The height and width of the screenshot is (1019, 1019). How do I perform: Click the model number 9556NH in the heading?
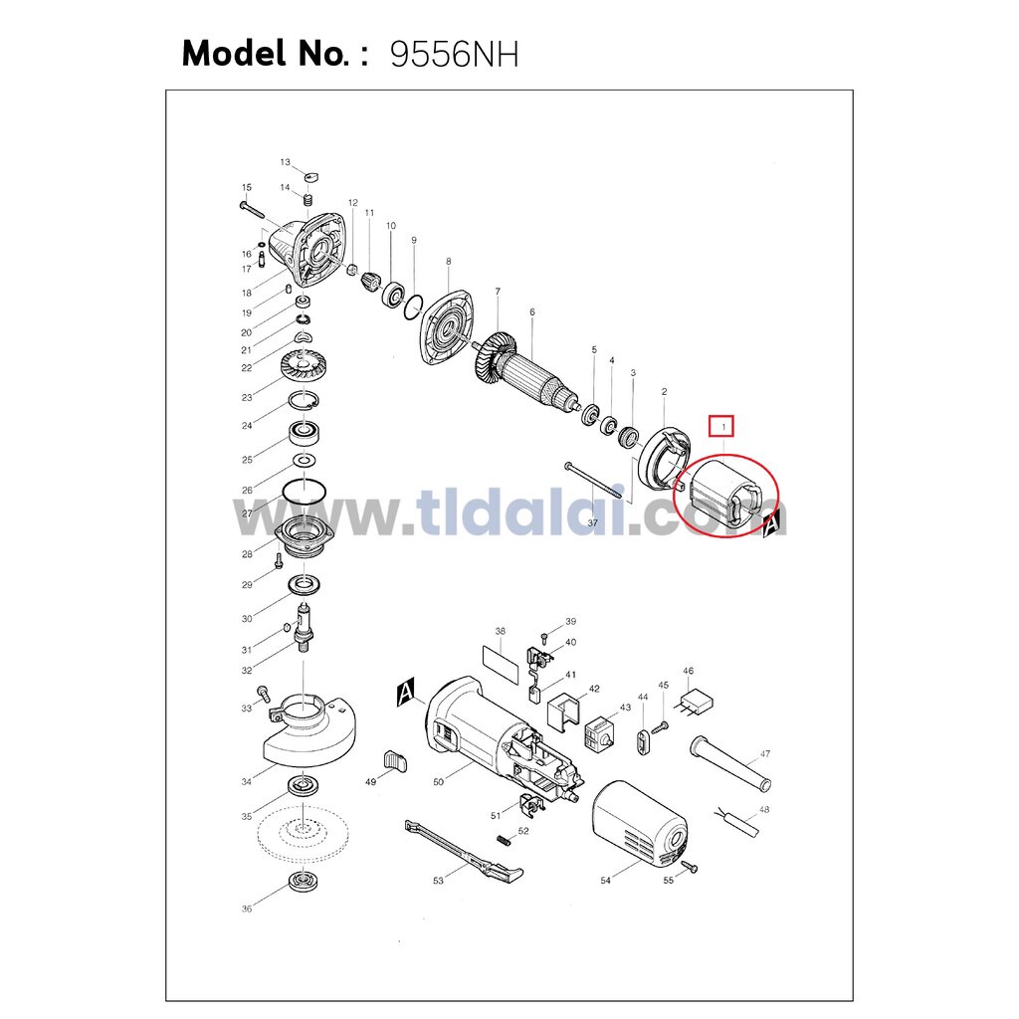click(x=454, y=54)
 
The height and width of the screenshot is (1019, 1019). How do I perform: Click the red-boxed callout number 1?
click(x=722, y=426)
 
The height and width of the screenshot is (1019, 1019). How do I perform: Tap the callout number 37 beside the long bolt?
click(x=593, y=522)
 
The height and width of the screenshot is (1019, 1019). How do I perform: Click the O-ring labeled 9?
click(x=413, y=306)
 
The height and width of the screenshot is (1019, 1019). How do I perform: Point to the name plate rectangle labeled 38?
click(x=502, y=664)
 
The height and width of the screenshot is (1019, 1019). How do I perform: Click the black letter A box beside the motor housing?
click(x=406, y=693)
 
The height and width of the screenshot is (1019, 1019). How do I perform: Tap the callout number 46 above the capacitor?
click(x=689, y=671)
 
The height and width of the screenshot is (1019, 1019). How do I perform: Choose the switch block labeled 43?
click(x=599, y=733)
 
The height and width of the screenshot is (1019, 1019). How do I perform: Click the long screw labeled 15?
click(x=252, y=209)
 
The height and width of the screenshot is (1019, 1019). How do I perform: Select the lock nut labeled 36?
click(x=303, y=883)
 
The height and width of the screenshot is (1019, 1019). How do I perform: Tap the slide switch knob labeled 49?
click(x=395, y=761)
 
